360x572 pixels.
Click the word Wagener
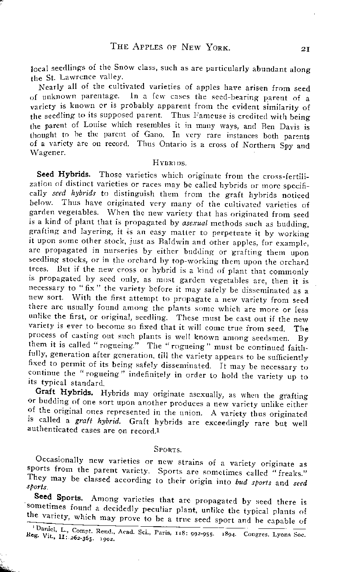point(48,154)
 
